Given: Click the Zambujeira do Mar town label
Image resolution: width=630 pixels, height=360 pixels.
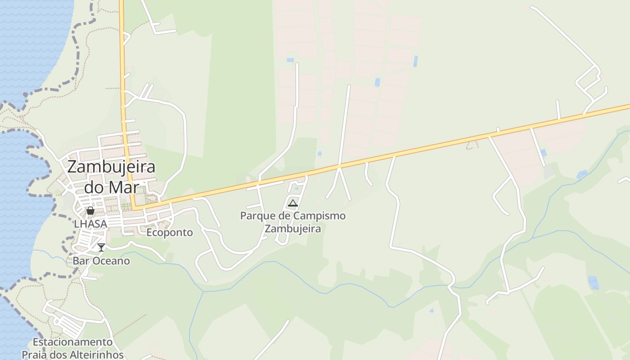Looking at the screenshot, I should (x=111, y=176).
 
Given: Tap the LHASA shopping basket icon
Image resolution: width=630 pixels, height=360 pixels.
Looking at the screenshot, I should (x=90, y=211).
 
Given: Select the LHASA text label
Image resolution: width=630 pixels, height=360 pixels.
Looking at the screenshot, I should (x=90, y=224).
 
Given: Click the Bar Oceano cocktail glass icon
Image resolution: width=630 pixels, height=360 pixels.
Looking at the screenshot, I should (x=101, y=247).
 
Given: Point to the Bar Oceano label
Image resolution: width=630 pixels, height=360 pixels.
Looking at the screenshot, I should (x=101, y=261).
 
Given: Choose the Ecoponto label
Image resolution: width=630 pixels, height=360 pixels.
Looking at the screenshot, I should (x=170, y=233).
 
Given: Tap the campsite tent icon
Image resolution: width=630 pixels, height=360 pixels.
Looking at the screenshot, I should (x=293, y=203).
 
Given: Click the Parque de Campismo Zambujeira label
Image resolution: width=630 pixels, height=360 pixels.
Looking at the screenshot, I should (x=293, y=222).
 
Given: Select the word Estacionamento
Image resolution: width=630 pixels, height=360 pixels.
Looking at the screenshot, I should (x=72, y=342).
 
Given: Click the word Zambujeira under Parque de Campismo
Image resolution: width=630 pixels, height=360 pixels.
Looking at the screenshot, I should (x=293, y=229).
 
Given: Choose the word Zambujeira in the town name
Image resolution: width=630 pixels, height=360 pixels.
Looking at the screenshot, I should (x=111, y=167).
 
